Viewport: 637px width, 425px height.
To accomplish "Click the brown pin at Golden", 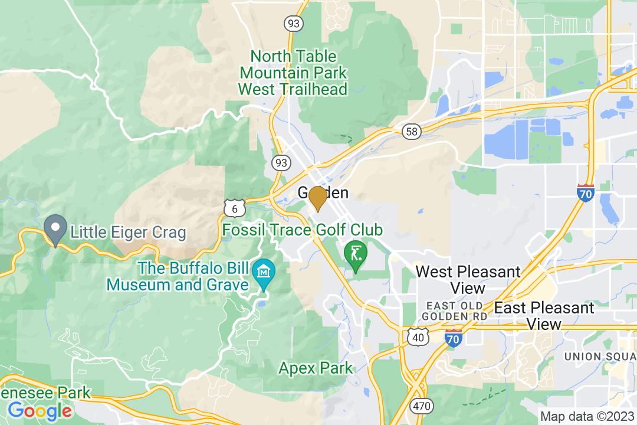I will [318, 198].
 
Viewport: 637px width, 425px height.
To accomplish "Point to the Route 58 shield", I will [411, 132].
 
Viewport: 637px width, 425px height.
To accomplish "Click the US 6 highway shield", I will [235, 208].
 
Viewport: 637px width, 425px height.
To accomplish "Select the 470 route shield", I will [422, 406].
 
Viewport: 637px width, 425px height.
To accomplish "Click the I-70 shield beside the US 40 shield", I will [453, 339].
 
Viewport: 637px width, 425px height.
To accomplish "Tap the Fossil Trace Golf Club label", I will [303, 230].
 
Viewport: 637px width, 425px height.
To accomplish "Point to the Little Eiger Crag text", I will [128, 232].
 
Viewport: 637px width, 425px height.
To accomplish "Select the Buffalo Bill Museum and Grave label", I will [177, 276].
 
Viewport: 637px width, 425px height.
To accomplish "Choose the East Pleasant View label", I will [544, 316].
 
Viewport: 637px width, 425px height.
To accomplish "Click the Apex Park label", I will [316, 368].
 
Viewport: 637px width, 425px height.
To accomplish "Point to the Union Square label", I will [599, 357].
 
